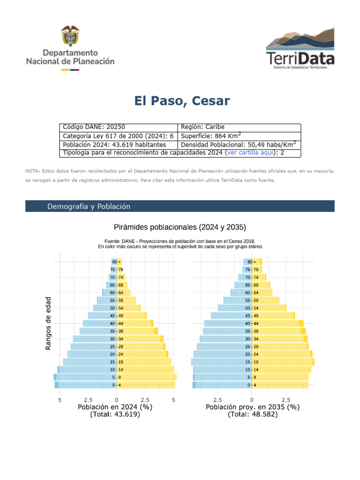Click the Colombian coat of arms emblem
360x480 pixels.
(x=70, y=36)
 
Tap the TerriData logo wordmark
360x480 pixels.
(x=300, y=59)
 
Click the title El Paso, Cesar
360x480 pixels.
(x=182, y=101)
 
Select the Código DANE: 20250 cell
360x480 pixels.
(x=119, y=127)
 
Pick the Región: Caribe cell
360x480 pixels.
(x=239, y=127)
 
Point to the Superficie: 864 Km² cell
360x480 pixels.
(x=239, y=136)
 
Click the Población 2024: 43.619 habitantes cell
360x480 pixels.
(x=119, y=145)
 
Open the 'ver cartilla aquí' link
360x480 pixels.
(x=250, y=153)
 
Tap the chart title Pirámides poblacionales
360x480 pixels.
(x=180, y=227)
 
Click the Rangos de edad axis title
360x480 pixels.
(x=48, y=323)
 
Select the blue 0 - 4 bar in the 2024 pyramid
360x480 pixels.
(x=85, y=385)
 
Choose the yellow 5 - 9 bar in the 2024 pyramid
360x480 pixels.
(x=147, y=377)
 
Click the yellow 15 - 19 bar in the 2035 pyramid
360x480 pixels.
(x=283, y=362)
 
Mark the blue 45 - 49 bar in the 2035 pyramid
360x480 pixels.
(x=231, y=315)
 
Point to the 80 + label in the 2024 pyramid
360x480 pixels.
(x=116, y=262)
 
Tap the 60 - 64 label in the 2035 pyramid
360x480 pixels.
(x=252, y=293)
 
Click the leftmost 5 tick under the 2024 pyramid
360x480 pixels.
(x=60, y=400)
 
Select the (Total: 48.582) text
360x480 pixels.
(x=253, y=414)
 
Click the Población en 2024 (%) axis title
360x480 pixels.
(x=115, y=407)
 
